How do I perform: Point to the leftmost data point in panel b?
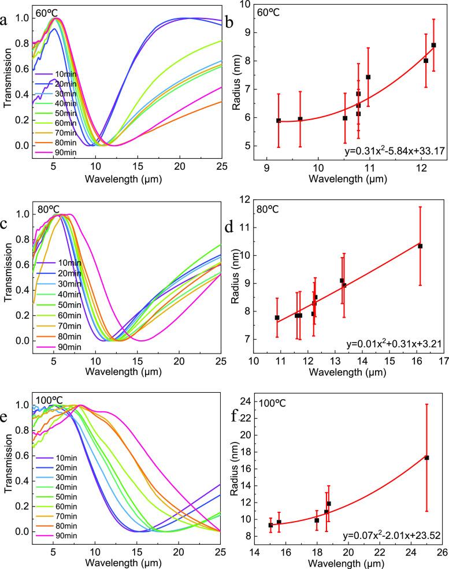click(x=279, y=120)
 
